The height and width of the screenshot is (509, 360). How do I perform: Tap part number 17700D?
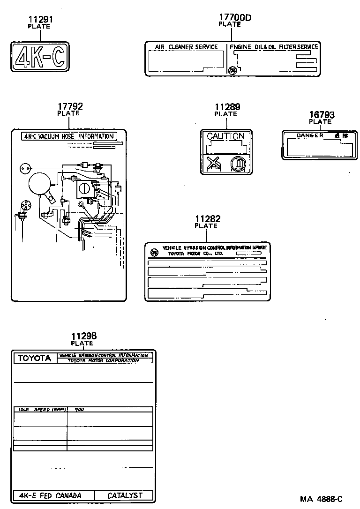point(235,18)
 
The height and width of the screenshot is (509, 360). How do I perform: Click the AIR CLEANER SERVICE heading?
point(187,47)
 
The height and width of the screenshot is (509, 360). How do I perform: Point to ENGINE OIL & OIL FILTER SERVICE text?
point(274,47)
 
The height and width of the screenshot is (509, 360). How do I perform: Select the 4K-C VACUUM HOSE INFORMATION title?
point(69,136)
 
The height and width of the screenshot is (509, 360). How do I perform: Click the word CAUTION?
point(226,136)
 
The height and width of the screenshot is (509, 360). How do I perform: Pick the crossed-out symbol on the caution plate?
point(214,164)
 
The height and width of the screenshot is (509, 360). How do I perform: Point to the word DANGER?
point(310,135)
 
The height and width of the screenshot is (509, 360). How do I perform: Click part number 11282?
point(207,219)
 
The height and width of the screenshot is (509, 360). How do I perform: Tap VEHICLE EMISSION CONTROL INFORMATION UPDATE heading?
point(214,247)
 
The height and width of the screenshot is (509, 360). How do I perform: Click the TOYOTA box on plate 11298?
point(34,358)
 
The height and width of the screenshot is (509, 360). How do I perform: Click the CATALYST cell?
point(125,495)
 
